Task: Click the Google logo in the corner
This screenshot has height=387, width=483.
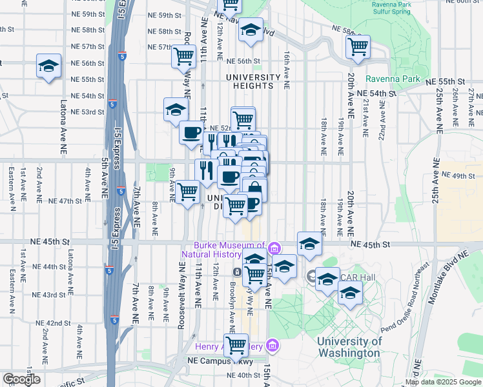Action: click(x=21, y=379)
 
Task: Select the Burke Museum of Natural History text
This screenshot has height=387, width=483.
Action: click(x=229, y=249)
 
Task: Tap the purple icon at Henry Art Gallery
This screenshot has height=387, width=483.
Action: click(x=272, y=347)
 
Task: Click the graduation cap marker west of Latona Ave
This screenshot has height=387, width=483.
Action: click(x=48, y=67)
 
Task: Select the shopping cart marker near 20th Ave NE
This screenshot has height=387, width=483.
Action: click(x=357, y=46)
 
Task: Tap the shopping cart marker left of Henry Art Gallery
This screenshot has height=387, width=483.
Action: click(x=236, y=345)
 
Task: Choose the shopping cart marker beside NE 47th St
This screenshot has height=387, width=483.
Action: click(x=187, y=192)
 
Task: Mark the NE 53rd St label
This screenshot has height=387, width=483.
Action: click(x=88, y=112)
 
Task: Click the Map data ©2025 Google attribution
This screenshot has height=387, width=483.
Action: click(x=443, y=382)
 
